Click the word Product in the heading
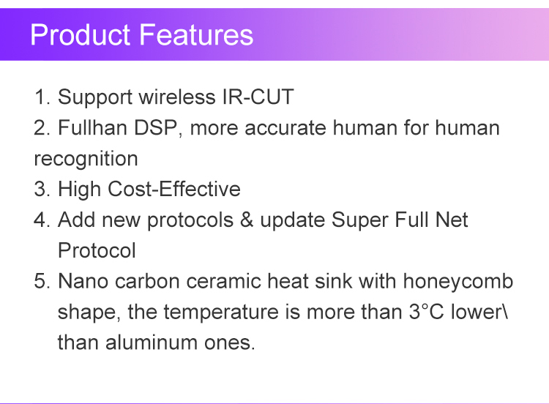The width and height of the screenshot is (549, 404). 81,34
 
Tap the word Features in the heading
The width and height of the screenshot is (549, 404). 196,34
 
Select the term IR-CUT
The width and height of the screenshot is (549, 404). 258,97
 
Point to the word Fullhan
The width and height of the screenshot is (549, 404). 92,127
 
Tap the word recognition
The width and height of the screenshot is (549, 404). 86,159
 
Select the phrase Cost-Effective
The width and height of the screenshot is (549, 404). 174,189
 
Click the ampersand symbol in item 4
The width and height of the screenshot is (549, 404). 247,220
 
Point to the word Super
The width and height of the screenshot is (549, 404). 359,220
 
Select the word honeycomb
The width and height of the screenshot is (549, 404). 458,282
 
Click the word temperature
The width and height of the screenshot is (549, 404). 221,313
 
